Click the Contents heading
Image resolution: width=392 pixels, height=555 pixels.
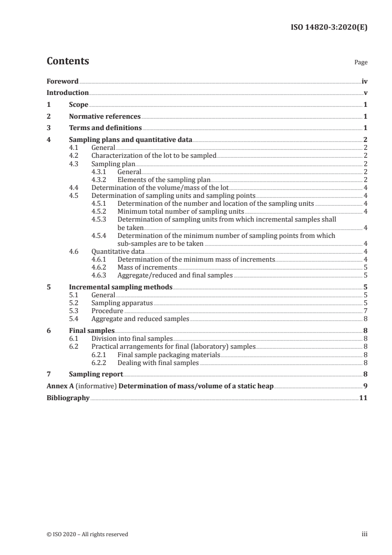click(x=68, y=61)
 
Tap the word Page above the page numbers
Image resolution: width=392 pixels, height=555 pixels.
click(x=361, y=63)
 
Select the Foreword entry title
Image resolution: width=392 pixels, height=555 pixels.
click(x=62, y=81)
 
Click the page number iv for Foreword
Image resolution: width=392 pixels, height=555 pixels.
click(x=364, y=81)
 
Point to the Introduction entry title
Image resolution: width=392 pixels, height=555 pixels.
click(x=68, y=92)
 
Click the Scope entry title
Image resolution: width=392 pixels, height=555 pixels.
click(x=79, y=105)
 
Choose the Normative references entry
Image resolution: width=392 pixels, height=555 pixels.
click(x=105, y=117)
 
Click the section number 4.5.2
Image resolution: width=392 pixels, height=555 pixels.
click(x=99, y=211)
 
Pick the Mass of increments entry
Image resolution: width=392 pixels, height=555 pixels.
click(x=147, y=267)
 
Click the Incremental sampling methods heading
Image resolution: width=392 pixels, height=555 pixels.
click(x=121, y=287)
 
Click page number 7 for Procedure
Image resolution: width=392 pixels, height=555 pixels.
click(x=365, y=311)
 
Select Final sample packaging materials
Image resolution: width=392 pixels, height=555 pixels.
click(x=169, y=355)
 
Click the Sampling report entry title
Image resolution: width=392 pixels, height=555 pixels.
click(x=96, y=374)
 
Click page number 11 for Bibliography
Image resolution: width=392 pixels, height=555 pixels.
click(x=363, y=398)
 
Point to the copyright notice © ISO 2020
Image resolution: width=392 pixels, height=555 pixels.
click(x=87, y=534)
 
